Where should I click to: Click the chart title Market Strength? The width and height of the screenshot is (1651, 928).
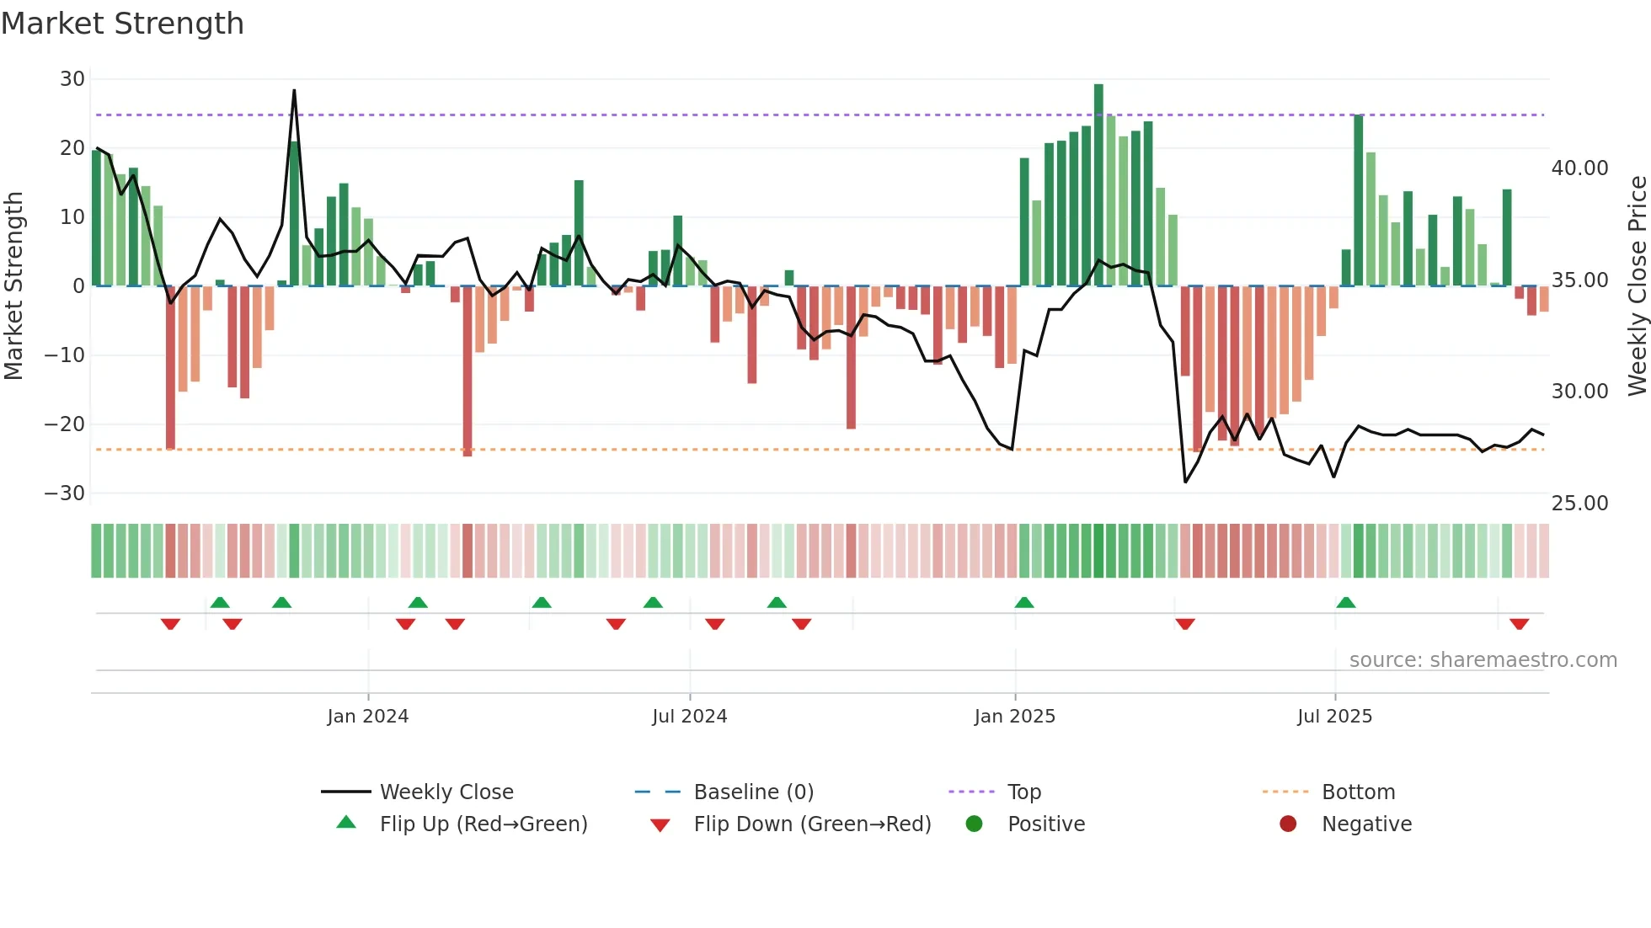coord(122,24)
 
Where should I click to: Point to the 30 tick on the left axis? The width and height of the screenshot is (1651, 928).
coord(72,79)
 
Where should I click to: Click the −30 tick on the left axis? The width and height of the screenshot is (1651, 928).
coord(66,493)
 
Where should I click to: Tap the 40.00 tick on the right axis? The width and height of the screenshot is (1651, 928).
coord(1579,168)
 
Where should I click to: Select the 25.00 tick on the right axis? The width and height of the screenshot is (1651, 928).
coord(1579,504)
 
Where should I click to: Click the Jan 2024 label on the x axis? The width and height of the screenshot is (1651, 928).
coord(367,717)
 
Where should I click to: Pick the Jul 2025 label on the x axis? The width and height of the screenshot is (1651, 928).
coord(1334,717)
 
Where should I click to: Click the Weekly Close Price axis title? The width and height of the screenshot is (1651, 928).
coord(1637,286)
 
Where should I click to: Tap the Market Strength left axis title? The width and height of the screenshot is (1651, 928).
coord(14,286)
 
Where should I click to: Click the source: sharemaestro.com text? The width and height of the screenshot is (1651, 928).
coord(1483,660)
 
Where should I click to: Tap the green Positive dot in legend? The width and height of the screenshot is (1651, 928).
coord(975,824)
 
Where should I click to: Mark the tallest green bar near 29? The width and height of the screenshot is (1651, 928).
coord(1098,185)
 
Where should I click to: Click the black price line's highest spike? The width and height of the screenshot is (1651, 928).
coord(294,91)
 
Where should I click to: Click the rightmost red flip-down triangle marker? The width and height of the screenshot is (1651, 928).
coord(1520,624)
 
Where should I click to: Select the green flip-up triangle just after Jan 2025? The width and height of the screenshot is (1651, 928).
coord(1024,602)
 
